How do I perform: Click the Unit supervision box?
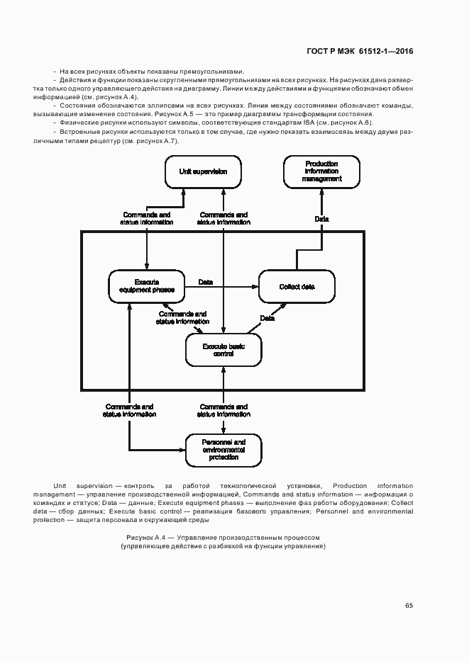(203, 171)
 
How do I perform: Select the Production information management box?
(321, 171)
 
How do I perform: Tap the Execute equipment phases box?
(146, 286)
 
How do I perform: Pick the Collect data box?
(297, 286)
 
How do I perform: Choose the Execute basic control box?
(223, 350)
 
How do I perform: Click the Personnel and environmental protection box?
(223, 449)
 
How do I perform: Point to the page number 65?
(409, 605)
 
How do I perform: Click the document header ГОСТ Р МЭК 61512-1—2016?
(360, 51)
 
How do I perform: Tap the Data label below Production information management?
(321, 220)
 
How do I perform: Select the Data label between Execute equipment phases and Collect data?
(206, 282)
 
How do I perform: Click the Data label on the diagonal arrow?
(267, 319)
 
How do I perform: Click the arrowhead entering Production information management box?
(321, 191)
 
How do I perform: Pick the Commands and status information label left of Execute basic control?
(182, 317)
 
